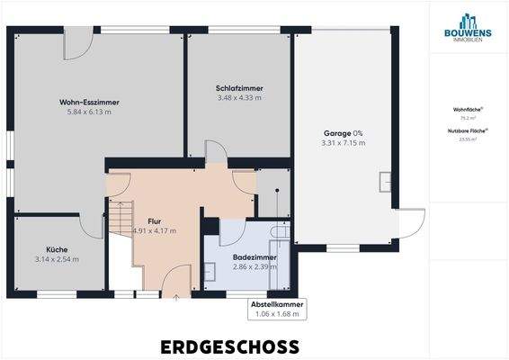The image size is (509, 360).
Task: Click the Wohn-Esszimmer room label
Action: pos(89,103)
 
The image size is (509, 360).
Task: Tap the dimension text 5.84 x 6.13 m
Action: pos(89,112)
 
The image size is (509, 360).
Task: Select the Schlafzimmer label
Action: pos(239,88)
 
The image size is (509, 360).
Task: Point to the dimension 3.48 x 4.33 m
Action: pos(239,98)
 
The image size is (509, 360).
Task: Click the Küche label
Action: pos(58,249)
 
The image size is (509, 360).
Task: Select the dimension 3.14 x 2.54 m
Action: pos(58,259)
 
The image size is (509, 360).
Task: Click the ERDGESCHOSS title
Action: pos(230,346)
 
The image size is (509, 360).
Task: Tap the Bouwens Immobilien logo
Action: pos(469,26)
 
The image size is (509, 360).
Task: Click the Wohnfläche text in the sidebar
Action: pos(469,109)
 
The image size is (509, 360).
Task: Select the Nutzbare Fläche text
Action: pos(469,131)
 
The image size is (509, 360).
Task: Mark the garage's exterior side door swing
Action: pos(411,224)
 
